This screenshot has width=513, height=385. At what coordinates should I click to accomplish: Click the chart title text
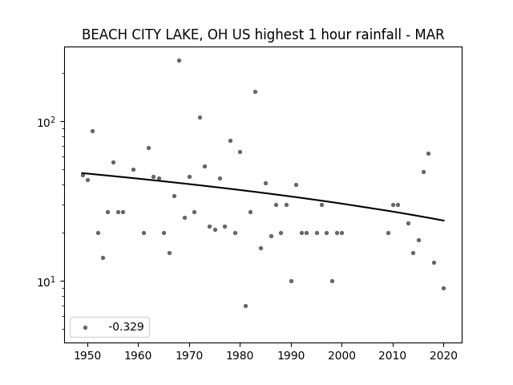tap(263, 34)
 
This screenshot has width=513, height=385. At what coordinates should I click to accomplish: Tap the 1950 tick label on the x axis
tap(87, 355)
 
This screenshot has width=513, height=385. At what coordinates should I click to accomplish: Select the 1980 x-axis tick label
tap(240, 355)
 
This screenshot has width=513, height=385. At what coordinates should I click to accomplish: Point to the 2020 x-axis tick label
tap(443, 355)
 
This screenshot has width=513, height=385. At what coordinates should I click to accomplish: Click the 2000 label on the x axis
tap(342, 355)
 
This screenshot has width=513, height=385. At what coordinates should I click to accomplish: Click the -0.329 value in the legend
tap(126, 326)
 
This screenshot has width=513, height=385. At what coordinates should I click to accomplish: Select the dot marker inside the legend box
tap(86, 327)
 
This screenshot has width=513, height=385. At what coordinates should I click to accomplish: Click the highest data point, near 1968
tap(179, 61)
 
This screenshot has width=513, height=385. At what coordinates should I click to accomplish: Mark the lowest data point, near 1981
tap(245, 306)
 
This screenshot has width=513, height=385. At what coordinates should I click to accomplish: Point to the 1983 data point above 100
tap(255, 92)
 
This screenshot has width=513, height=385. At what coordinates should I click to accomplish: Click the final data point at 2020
tap(443, 289)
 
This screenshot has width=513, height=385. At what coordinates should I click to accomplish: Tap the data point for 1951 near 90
tap(93, 132)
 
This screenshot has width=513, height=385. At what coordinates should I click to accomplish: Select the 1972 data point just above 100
tap(200, 118)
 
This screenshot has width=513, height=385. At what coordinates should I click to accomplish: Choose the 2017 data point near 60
tap(428, 153)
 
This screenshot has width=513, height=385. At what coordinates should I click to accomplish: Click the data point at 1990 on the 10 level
tap(291, 282)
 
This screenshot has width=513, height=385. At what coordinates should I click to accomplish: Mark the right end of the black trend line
tap(444, 221)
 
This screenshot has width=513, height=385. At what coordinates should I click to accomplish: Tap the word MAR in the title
tap(430, 34)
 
